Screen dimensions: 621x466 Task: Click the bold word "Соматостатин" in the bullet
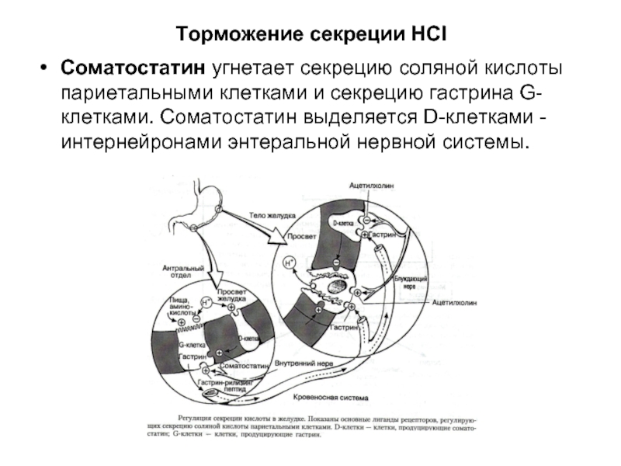(x=133, y=69)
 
